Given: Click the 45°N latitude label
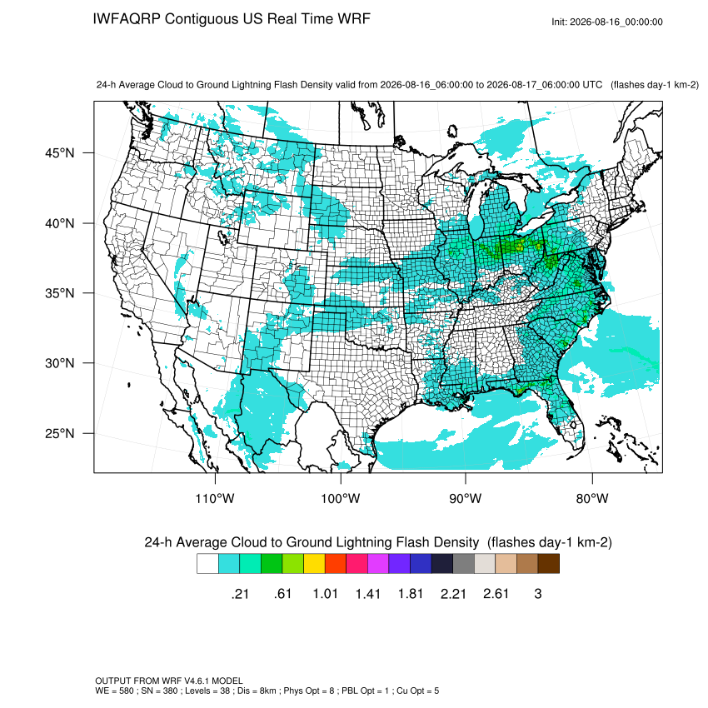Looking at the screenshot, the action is point(59,153).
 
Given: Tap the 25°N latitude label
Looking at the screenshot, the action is point(59,433).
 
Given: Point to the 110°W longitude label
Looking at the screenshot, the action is point(215,498).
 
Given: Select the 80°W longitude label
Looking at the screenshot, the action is point(592,498).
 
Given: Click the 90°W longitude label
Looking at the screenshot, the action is point(466,498).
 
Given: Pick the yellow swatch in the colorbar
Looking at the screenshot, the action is point(314,564).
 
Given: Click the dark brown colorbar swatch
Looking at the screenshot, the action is point(549,564).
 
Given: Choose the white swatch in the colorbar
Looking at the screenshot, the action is point(207,564).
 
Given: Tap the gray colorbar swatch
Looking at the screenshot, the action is point(464,564).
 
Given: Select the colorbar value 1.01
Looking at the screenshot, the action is point(325,593).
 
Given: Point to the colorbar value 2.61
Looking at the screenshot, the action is point(496,593).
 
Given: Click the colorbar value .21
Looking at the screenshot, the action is point(240,593).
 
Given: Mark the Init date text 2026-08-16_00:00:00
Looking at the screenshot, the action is point(616,22).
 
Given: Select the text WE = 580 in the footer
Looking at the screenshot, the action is point(114,691).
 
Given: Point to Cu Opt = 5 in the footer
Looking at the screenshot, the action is point(417,691).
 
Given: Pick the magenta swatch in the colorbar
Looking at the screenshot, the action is point(378,564).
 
